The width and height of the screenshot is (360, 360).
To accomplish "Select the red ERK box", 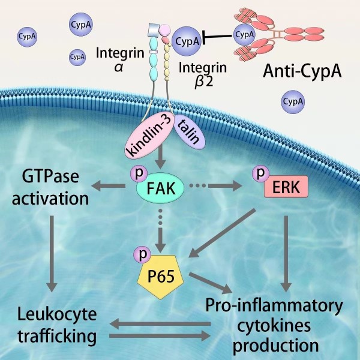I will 285,187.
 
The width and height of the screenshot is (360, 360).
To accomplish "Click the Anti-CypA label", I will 302,74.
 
